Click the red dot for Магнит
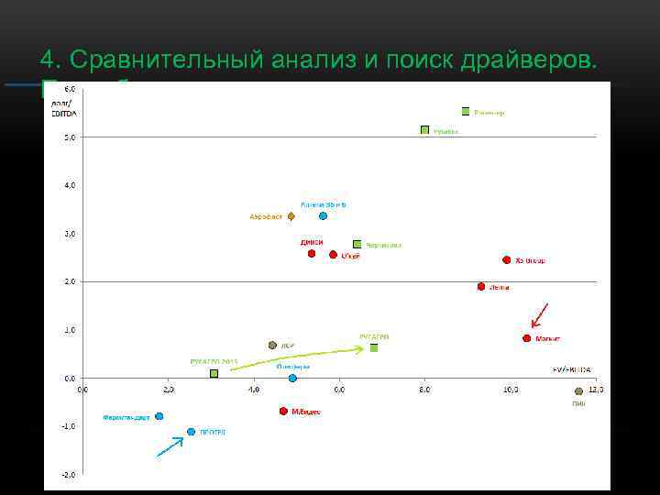(527, 338)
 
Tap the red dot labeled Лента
(480, 287)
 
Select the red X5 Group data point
(506, 260)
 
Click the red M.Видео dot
(283, 412)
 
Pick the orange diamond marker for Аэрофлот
(291, 217)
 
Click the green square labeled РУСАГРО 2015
(214, 373)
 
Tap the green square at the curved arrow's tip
(374, 348)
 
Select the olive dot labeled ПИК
(578, 391)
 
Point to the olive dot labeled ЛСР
(272, 346)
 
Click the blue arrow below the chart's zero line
(170, 446)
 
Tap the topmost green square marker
(466, 111)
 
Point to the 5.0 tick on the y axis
(69, 137)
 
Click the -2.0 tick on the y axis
(69, 475)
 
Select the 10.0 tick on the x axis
(511, 389)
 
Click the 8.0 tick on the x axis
(424, 389)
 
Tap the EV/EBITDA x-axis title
(571, 369)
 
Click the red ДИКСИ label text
(311, 242)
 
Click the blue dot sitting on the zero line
(292, 378)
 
